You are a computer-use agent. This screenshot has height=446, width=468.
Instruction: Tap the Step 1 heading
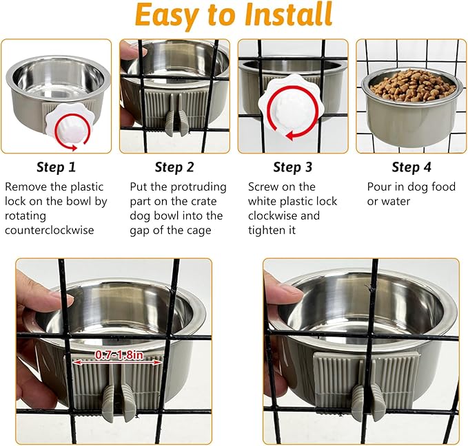[x=57, y=167]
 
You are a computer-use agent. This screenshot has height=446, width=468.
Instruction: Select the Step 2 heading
[x=174, y=167]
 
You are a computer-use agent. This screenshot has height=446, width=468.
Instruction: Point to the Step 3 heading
[x=292, y=167]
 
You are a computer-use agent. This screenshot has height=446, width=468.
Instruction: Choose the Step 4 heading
[x=411, y=167]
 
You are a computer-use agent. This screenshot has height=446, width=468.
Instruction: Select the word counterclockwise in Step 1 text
[x=51, y=231]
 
